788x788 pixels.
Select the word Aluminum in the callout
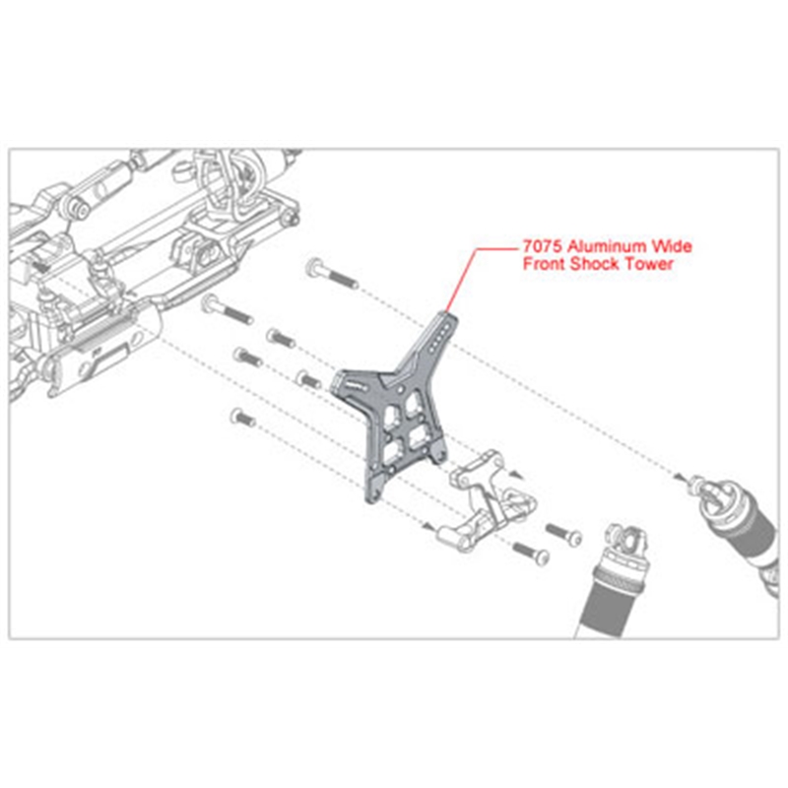605,248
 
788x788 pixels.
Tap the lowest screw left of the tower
240,419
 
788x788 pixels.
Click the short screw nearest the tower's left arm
307,379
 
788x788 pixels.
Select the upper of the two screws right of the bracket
564,533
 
